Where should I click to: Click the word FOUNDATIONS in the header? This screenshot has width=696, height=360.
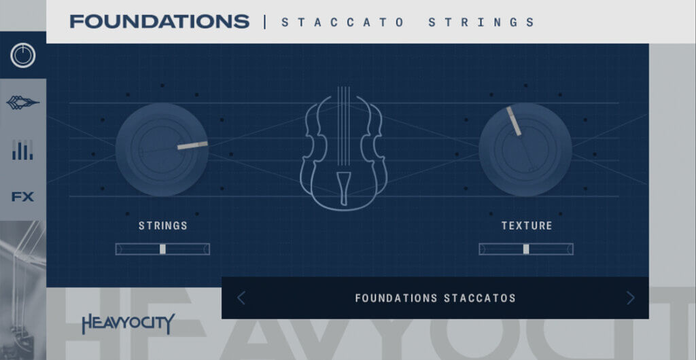tap(159, 21)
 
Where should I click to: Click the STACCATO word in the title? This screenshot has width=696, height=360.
tap(343, 22)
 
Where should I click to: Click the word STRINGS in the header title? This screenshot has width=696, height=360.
tap(481, 22)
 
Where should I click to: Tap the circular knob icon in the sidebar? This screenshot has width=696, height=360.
tap(22, 56)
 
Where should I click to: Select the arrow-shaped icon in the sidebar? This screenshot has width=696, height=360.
tap(22, 103)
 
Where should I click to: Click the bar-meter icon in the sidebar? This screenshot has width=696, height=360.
tap(22, 150)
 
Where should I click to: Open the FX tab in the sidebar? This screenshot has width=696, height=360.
tap(22, 197)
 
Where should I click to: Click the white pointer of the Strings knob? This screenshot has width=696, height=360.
tap(192, 145)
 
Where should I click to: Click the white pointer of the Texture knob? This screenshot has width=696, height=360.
tap(514, 121)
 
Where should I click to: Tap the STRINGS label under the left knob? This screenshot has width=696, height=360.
tap(163, 226)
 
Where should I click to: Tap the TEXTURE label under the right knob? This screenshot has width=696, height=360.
tap(527, 226)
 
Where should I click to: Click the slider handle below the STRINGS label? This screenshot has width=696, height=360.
tap(162, 249)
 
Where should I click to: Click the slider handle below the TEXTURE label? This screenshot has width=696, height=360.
tap(526, 249)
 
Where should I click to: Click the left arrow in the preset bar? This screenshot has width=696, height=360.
tap(241, 298)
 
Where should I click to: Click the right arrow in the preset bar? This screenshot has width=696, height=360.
tap(630, 298)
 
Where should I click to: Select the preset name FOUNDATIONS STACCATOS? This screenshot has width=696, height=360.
tap(436, 298)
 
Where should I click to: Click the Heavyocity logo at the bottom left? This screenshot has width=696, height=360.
tap(128, 323)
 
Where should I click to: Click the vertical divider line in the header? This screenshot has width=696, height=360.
tap(265, 22)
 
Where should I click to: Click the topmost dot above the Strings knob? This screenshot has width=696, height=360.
tap(162, 85)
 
